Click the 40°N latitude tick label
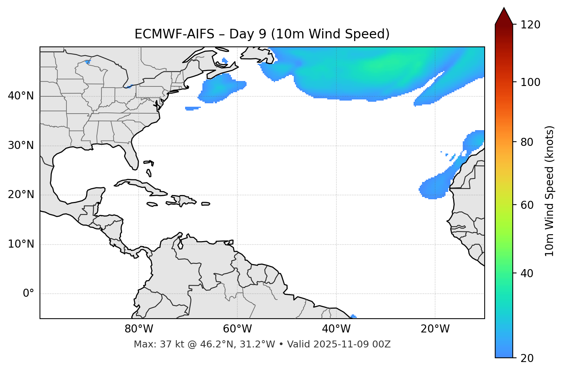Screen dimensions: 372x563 click(x=21, y=96)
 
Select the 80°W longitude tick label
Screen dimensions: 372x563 click(x=139, y=329)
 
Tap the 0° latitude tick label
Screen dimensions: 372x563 click(x=28, y=294)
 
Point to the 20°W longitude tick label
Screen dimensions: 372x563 click(x=435, y=329)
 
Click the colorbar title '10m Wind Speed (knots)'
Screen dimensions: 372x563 click(x=550, y=191)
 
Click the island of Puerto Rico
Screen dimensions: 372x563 click(x=205, y=204)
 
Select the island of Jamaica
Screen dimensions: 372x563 click(x=152, y=205)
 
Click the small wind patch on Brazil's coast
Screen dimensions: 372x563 click(x=353, y=316)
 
